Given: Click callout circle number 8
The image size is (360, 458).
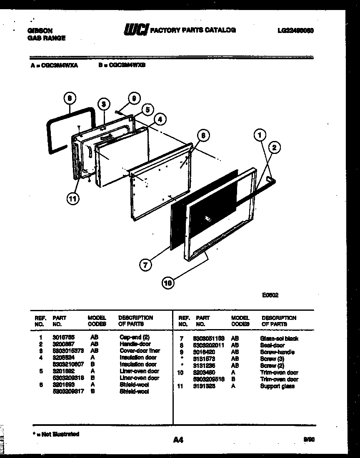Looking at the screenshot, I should tap(70, 98).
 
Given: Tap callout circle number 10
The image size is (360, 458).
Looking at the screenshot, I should tap(168, 283).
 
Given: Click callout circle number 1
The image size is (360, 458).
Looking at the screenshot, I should tap(260, 135).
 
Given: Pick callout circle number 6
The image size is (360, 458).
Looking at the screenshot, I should tap(203, 136).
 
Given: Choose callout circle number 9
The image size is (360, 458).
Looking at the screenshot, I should tap(133, 99).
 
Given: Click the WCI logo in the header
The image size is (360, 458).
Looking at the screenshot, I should tap(136, 30).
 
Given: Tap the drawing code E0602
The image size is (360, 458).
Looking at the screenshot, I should tap(270, 295).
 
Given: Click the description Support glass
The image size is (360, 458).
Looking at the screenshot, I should tap(277, 386).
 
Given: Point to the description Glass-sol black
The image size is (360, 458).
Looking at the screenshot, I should tap(279, 339).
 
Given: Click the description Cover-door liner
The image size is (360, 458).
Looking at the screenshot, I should tap(140, 351).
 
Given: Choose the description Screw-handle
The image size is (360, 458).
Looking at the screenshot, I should tap(277, 352).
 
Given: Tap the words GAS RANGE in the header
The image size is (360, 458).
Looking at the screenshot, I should tap(46, 38).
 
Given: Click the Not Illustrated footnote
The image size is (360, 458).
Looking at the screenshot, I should tap(56, 434).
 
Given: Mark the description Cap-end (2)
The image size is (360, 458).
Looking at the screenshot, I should tap(134, 337).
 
